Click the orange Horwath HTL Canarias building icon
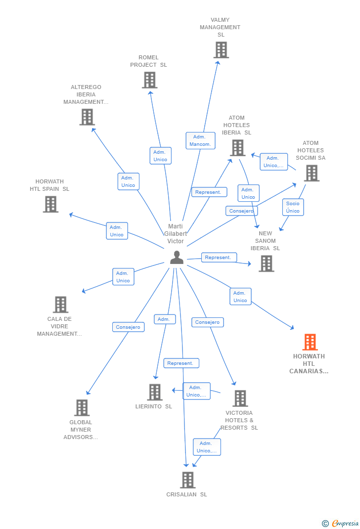(310, 342)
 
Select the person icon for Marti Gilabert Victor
(177, 258)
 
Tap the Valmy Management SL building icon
(221, 50)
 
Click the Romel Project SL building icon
(149, 80)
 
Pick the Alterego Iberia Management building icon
(87, 117)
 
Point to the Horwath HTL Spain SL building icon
(50, 204)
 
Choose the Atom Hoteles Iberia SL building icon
(237, 148)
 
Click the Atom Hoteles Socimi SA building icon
(312, 173)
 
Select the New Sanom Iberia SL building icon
(266, 264)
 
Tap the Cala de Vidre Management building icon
(60, 305)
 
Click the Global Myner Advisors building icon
(82, 408)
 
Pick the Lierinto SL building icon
(155, 392)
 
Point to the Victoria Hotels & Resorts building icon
(240, 398)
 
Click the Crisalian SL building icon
(187, 480)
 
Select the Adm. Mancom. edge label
(200, 140)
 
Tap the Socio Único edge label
(293, 207)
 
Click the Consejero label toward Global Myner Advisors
(128, 327)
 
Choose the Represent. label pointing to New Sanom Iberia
(218, 257)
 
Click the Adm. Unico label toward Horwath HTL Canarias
(240, 297)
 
